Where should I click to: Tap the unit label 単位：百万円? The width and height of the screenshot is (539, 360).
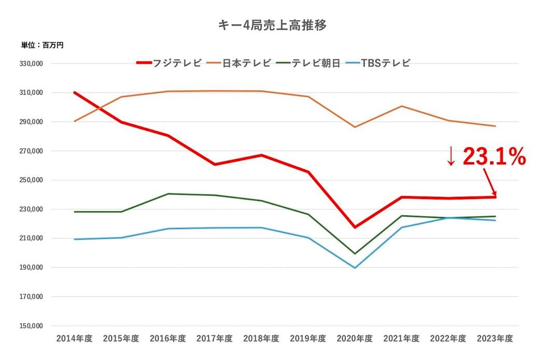pyautogui.click(x=42, y=46)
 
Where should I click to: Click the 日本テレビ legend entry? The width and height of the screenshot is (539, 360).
pyautogui.click(x=247, y=63)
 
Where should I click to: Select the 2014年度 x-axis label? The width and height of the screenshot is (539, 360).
pyautogui.click(x=75, y=339)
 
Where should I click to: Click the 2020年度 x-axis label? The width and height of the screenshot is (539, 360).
pyautogui.click(x=354, y=339)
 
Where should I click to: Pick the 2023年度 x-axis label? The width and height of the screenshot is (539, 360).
pyautogui.click(x=495, y=339)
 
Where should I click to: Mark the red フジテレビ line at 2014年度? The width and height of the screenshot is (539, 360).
pyautogui.click(x=75, y=93)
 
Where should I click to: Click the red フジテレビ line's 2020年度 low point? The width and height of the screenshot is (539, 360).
pyautogui.click(x=355, y=227)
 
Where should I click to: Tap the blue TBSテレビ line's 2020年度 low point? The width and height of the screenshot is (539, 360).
pyautogui.click(x=355, y=268)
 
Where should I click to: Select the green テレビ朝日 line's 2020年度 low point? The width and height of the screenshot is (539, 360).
pyautogui.click(x=355, y=254)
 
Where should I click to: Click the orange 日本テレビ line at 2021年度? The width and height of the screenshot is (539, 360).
pyautogui.click(x=402, y=106)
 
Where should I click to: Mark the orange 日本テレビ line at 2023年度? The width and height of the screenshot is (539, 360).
pyautogui.click(x=495, y=126)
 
